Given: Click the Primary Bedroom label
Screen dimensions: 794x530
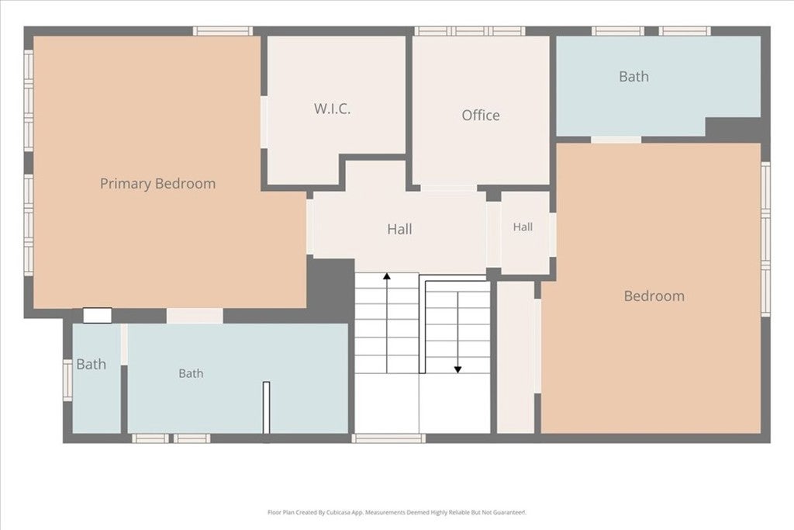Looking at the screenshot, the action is [x=157, y=183].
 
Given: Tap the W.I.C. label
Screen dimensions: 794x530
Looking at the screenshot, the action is [x=332, y=109].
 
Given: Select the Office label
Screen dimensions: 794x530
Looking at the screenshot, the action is [x=481, y=115].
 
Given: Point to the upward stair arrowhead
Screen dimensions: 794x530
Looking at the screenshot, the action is [x=387, y=277].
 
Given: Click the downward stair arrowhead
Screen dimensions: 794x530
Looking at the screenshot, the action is [x=457, y=370].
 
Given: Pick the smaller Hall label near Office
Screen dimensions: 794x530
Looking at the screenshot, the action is [x=523, y=227].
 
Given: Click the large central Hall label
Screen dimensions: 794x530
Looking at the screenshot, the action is [x=399, y=229].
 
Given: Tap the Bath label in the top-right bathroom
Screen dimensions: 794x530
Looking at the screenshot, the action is [x=633, y=77].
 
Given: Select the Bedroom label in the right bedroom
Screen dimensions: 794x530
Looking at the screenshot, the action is [x=654, y=296].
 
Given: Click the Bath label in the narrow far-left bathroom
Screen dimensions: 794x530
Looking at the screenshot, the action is [x=91, y=364].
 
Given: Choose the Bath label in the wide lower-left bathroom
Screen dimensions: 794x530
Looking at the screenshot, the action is [x=191, y=373].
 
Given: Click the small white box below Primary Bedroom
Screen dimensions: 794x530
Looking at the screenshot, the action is [x=97, y=315].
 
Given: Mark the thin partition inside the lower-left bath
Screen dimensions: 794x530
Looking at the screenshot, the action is [x=267, y=407].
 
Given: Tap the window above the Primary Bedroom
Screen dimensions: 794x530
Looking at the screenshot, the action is [x=223, y=31].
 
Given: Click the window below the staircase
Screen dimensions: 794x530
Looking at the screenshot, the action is [x=389, y=438].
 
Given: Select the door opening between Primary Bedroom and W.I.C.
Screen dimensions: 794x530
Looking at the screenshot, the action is [x=264, y=122].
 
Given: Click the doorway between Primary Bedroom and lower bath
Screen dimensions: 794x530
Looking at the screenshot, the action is [x=195, y=316].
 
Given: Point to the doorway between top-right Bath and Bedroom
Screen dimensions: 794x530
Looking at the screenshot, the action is [x=616, y=140].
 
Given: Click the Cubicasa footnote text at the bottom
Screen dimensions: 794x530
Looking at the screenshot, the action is [x=397, y=512].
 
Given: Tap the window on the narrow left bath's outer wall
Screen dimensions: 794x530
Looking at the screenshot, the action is [x=67, y=380].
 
